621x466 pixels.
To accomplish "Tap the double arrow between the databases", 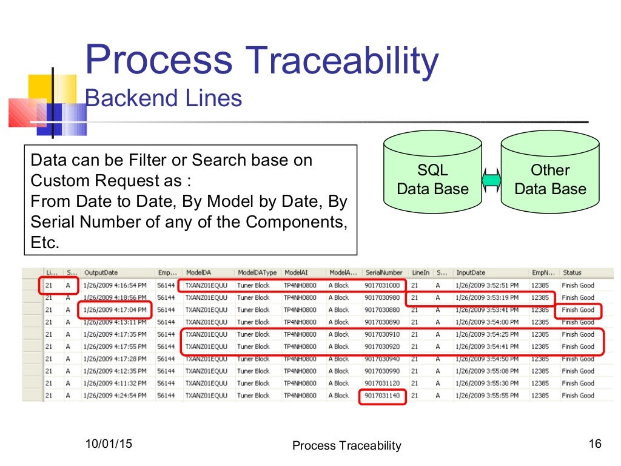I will pos(491,180).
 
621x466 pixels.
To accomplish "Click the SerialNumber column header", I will pos(384,273).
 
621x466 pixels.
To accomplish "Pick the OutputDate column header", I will pos(101,273).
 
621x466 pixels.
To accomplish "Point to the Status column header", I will pos(572,273).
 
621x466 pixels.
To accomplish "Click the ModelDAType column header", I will pos(257,273).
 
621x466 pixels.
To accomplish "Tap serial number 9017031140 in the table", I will pos(383,396).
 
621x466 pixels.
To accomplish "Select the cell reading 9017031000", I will pos(383,285).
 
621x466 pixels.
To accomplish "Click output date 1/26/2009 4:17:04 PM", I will pos(115,310).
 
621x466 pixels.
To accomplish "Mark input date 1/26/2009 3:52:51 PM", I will pos(487,285).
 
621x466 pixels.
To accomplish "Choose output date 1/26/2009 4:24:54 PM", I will pos(115,396).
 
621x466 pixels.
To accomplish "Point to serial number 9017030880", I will pos(383,310).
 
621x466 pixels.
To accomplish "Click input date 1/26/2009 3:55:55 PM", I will pos(487,396).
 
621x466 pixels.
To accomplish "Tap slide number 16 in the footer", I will pos(594,444).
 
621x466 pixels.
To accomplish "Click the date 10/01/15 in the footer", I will pos(109,444).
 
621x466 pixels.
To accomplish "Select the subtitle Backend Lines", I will pos(164,98).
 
